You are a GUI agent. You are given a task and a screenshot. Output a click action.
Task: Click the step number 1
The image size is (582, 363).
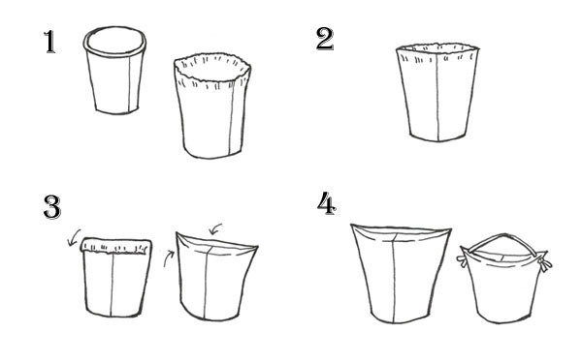pos(50,42)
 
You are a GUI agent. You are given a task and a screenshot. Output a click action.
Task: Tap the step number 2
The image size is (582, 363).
pos(325,39)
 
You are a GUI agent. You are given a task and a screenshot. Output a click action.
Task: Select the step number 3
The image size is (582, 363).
pos(52,207)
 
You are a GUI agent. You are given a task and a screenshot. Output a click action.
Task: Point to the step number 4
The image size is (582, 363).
pos(327,203)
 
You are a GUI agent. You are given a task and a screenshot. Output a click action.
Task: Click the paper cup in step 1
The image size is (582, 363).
pos(114,71)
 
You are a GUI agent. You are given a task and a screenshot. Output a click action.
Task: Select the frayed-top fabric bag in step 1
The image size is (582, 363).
pos(212,106)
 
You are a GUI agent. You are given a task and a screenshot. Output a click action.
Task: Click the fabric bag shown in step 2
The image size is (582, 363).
pos(437,93)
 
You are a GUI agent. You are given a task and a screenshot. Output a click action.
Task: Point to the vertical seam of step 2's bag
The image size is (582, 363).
pos(438,97)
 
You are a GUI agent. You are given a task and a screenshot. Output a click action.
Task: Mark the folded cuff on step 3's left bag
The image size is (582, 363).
pos(116,246)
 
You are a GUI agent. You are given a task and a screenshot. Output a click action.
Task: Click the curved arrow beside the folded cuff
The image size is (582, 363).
pos(75,237)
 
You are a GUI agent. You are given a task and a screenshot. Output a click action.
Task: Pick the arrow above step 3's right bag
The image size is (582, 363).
pos(215,228)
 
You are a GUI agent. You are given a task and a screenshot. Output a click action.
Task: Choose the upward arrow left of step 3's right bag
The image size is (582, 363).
pos(168,258)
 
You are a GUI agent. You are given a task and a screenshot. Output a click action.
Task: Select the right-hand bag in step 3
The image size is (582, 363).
pos(216,276)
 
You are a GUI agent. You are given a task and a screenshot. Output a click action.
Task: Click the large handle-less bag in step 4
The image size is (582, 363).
pos(401,274)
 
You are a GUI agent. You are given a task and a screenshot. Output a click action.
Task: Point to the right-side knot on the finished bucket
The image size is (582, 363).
pos(544,263)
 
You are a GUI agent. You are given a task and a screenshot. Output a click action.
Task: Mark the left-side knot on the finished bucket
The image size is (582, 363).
pos(463,260)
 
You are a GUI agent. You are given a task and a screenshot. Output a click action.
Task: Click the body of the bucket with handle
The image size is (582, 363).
pos(502,287)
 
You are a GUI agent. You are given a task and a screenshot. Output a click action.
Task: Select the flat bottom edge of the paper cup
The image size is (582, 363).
pos(117,111)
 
